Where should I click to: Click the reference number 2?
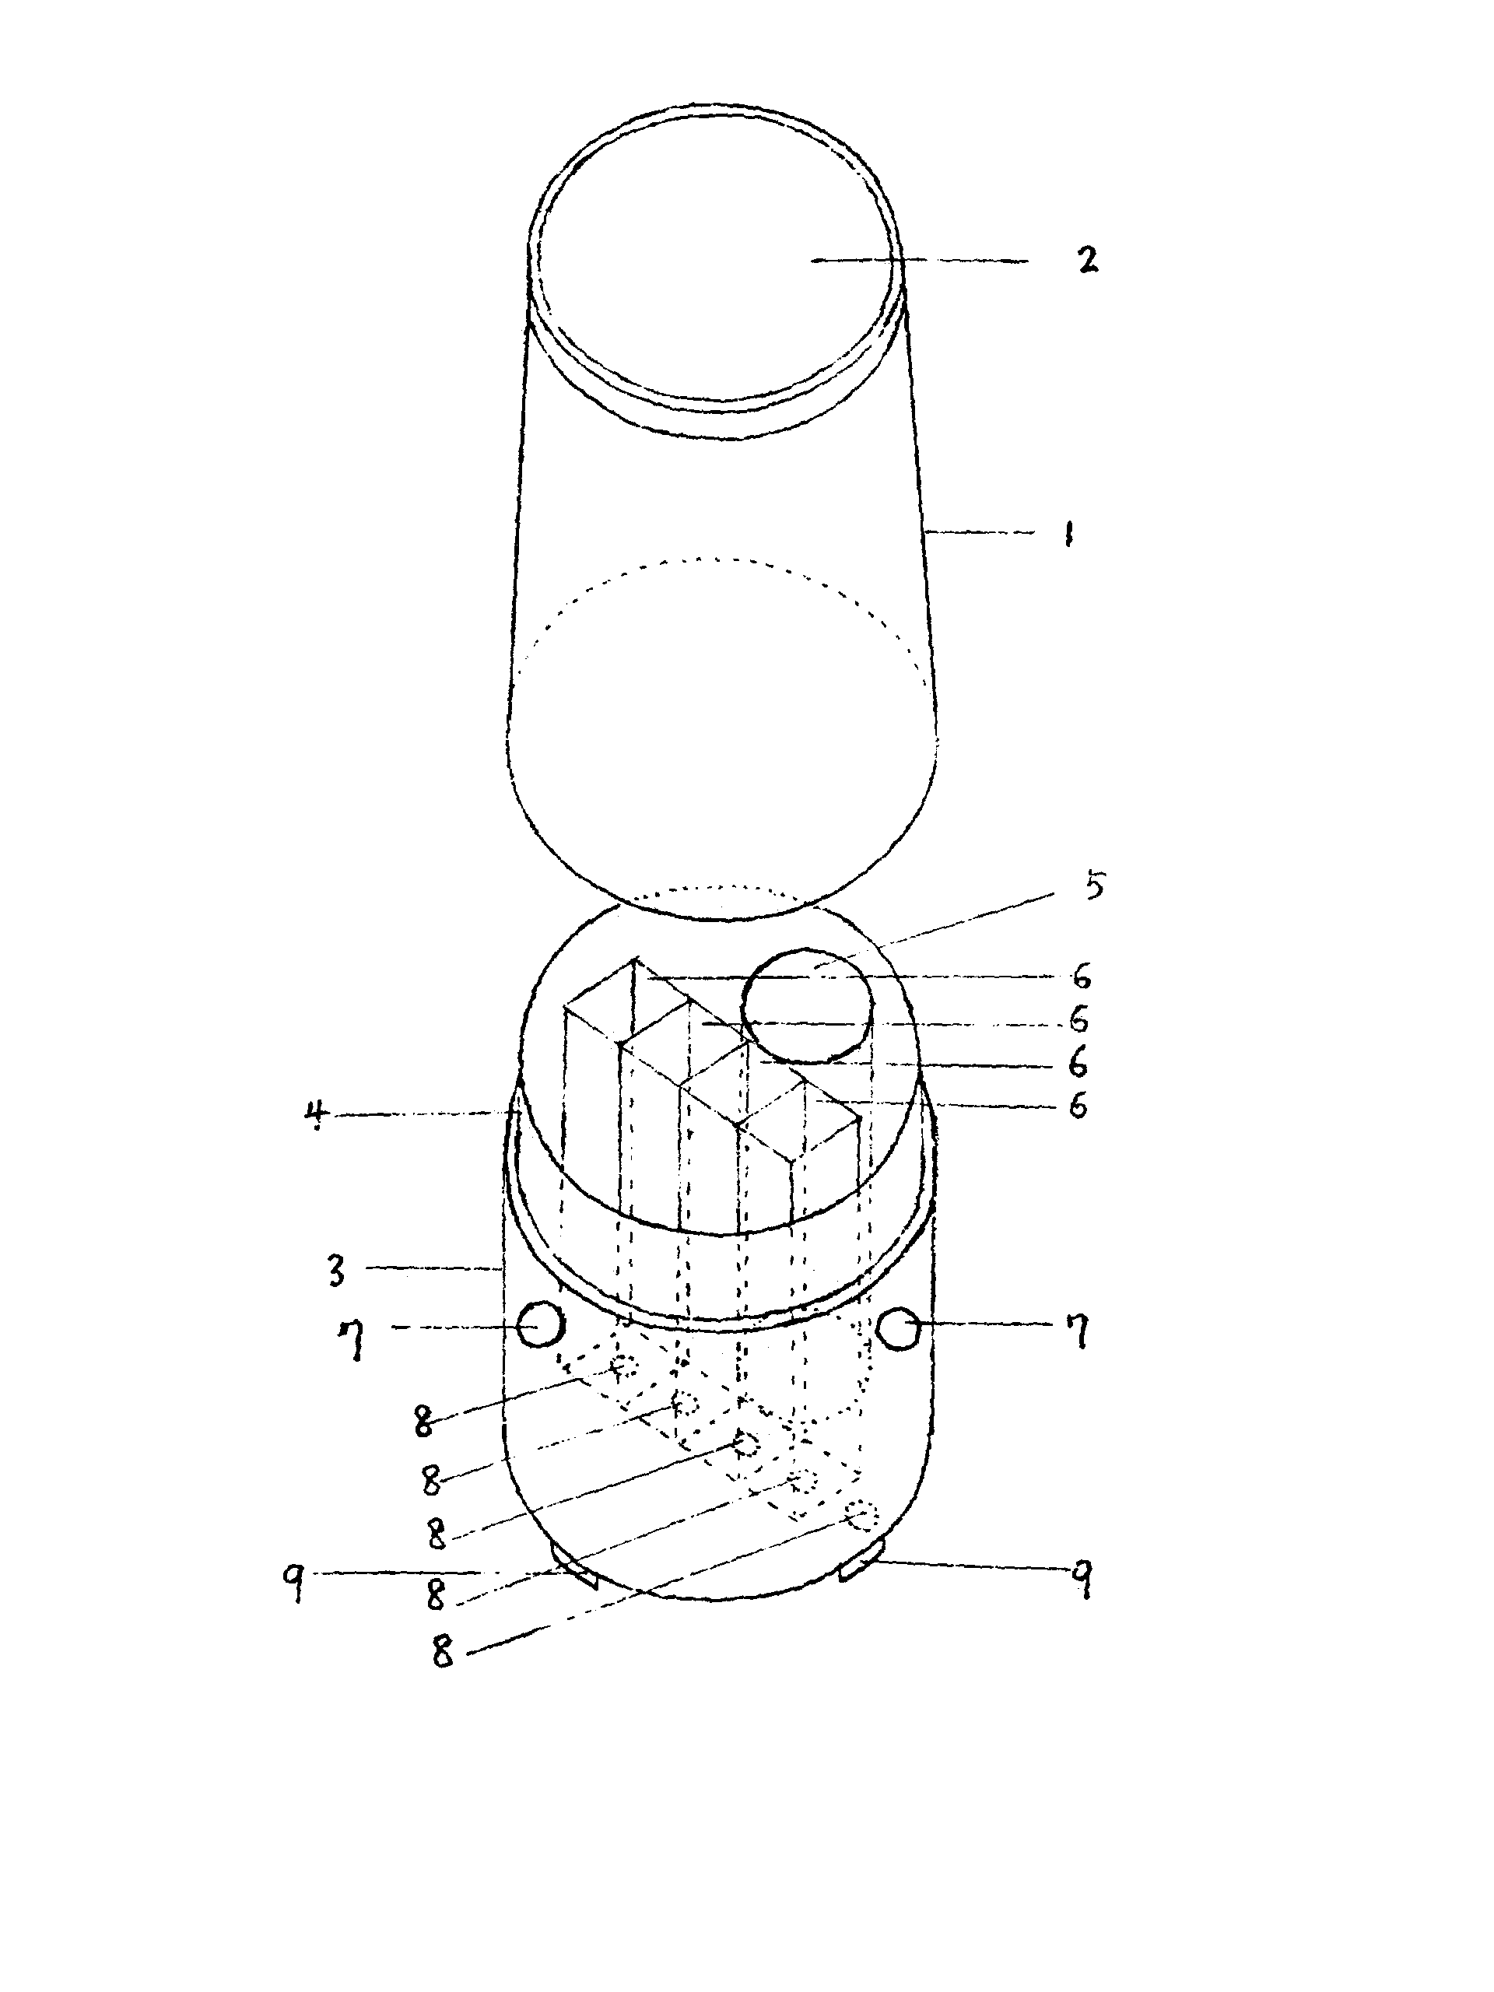1088,259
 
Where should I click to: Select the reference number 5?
1093,886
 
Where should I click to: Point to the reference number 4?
315,1117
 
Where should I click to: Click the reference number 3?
336,1271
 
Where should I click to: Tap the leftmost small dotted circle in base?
622,1368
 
